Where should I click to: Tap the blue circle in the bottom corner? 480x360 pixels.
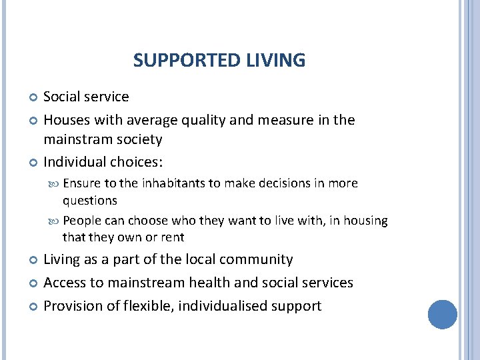pos(443,314)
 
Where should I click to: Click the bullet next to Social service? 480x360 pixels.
pos(34,98)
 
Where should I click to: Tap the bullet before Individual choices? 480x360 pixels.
pos(34,163)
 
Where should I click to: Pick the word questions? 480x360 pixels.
pos(90,200)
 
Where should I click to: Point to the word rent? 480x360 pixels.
pos(173,237)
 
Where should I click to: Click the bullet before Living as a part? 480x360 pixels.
pos(34,261)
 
